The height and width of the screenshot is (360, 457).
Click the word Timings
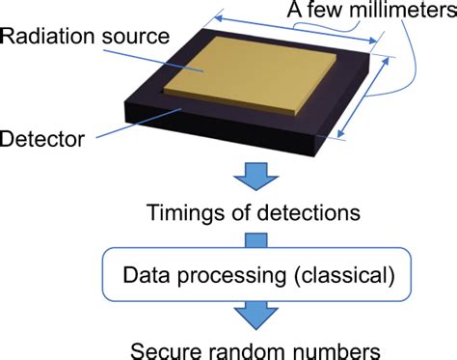(180, 211)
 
